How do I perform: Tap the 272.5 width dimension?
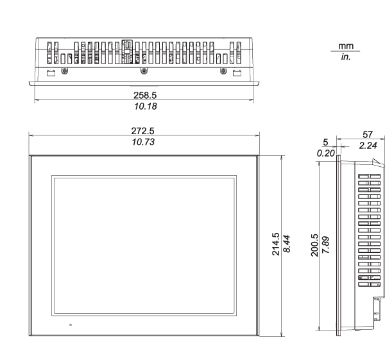click(x=142, y=132)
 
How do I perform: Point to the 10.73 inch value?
click(x=142, y=142)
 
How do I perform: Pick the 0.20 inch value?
click(x=327, y=153)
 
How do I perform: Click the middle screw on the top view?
click(x=142, y=71)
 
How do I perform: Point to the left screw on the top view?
click(x=63, y=71)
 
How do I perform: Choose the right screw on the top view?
click(x=223, y=71)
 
